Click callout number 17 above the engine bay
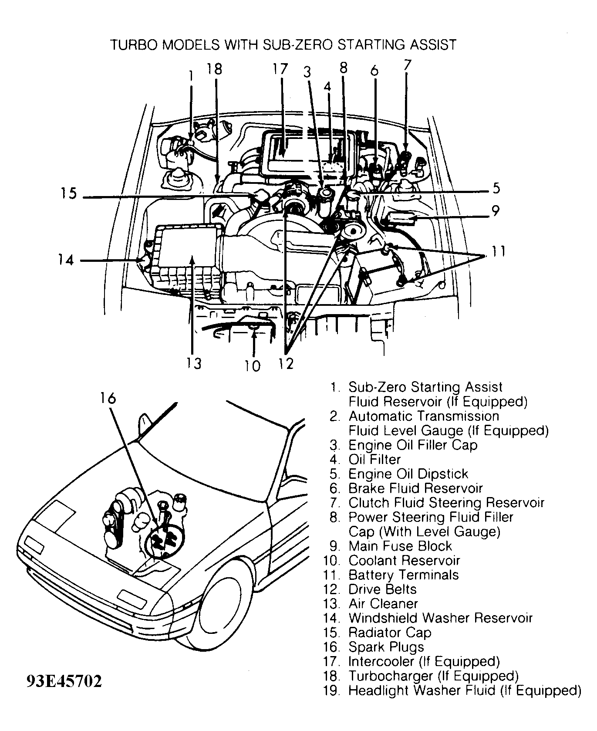281,69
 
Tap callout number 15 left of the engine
68,193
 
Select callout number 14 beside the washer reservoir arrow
66,260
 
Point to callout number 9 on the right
496,211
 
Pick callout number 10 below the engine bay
253,365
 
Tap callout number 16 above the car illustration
108,398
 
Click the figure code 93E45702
64,681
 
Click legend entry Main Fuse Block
400,546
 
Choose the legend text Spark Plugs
386,647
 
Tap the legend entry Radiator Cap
389,633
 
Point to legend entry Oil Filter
374,460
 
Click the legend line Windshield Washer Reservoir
440,618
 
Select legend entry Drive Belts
382,589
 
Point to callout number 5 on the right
496,189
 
